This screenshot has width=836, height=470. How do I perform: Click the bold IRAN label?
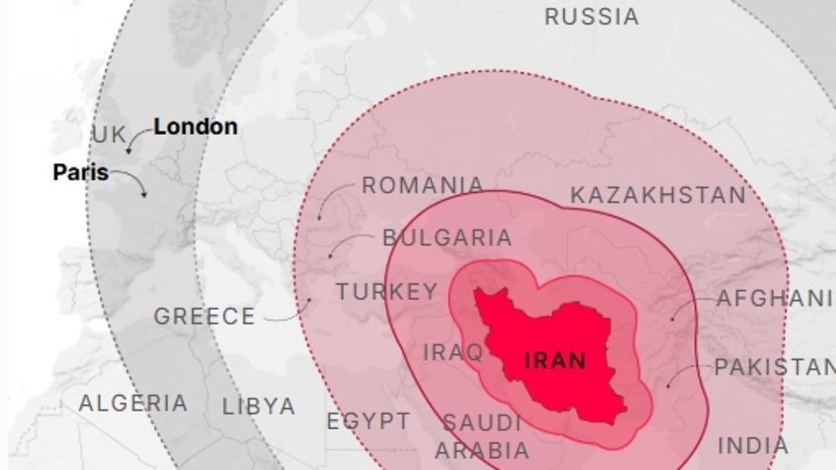(x=555, y=361)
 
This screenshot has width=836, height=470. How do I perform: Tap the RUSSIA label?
(x=591, y=17)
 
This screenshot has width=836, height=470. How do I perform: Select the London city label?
(x=195, y=127)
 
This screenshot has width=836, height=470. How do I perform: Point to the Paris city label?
(x=81, y=172)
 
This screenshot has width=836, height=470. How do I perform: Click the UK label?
(x=109, y=135)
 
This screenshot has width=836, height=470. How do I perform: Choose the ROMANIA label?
(x=422, y=185)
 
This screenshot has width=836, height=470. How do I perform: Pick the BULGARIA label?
(x=447, y=237)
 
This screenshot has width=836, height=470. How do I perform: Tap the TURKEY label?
(x=387, y=292)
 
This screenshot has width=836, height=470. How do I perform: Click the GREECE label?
(x=204, y=317)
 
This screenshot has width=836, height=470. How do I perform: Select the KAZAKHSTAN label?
(x=658, y=196)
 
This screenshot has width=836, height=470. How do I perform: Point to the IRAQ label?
(x=454, y=352)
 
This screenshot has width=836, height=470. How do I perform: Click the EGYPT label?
(x=369, y=421)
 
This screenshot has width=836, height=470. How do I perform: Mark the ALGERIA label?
(x=133, y=403)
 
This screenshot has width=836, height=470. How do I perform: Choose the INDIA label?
(x=753, y=446)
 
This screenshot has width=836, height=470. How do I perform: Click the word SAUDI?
(x=481, y=423)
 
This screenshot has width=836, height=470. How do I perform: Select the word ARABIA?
(x=482, y=450)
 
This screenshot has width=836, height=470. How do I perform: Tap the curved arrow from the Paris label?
(x=132, y=180)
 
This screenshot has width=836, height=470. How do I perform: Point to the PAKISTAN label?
(x=773, y=367)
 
